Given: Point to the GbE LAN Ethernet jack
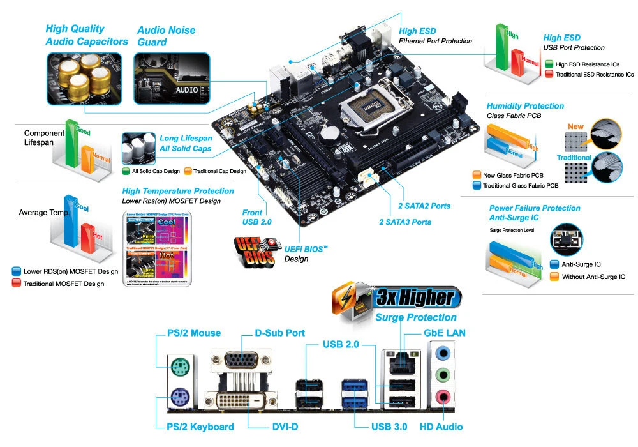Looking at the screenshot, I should pos(399,362).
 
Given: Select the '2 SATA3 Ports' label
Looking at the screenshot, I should pos(405,222).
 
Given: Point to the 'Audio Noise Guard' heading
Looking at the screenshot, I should pos(166,36).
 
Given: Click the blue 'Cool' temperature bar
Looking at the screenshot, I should pos(73,220).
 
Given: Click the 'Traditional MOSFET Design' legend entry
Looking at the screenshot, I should pos(64,283).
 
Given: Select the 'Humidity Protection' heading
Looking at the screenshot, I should pos(525,105).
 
